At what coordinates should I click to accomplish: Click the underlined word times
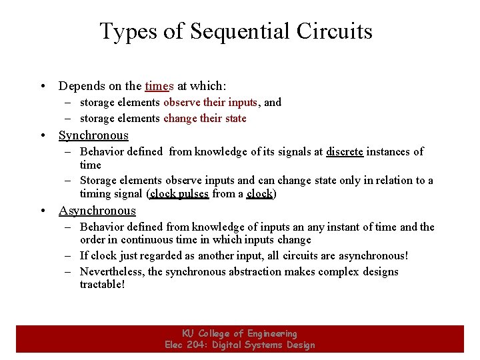click(159, 86)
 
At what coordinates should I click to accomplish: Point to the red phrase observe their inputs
click(210, 103)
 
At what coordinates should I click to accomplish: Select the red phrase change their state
click(205, 119)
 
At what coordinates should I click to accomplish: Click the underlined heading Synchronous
click(93, 135)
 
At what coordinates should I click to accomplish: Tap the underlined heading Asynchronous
click(97, 211)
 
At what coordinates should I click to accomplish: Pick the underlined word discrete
click(345, 152)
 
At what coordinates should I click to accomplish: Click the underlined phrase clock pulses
click(180, 194)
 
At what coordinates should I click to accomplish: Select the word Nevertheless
click(111, 272)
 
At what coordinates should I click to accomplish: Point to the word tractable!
click(102, 285)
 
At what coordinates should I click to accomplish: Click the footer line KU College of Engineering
click(239, 333)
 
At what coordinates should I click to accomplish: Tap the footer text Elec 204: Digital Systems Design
click(239, 345)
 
